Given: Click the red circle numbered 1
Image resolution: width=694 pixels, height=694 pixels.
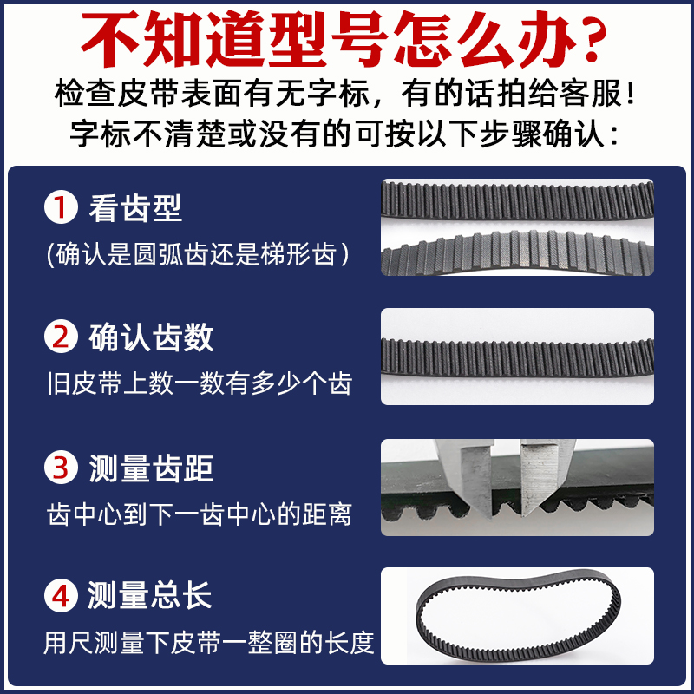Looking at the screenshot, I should click(x=62, y=208).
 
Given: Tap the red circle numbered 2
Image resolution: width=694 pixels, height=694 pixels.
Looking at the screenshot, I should click(x=62, y=337).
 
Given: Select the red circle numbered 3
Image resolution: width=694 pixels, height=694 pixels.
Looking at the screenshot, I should click(x=62, y=468).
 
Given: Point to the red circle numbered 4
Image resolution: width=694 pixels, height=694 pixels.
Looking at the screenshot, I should click(x=62, y=597).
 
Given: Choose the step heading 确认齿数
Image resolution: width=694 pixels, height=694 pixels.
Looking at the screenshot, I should click(x=151, y=337).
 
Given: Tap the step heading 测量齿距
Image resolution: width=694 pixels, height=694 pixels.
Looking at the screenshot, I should click(x=151, y=468).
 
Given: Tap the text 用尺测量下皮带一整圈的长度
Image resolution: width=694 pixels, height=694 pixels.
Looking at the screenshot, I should click(x=209, y=644).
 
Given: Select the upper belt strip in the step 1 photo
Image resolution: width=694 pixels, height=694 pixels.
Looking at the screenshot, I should click(x=517, y=200).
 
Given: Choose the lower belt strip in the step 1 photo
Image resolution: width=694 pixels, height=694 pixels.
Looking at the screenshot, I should click(x=517, y=252).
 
